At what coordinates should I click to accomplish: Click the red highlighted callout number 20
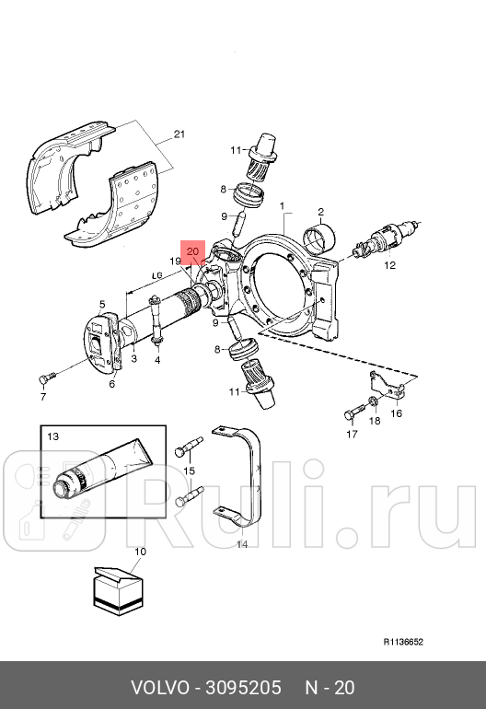tap(192, 250)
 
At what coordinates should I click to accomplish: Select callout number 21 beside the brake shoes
tap(179, 135)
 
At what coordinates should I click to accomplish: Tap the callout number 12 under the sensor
tap(389, 265)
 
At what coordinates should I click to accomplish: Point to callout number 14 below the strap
tap(242, 545)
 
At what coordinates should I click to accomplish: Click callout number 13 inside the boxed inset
tap(52, 436)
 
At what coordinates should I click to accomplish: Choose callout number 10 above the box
tap(140, 552)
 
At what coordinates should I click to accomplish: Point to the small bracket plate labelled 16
tap(388, 386)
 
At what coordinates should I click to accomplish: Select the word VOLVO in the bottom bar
tap(157, 688)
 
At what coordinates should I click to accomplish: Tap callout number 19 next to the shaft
tap(174, 262)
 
